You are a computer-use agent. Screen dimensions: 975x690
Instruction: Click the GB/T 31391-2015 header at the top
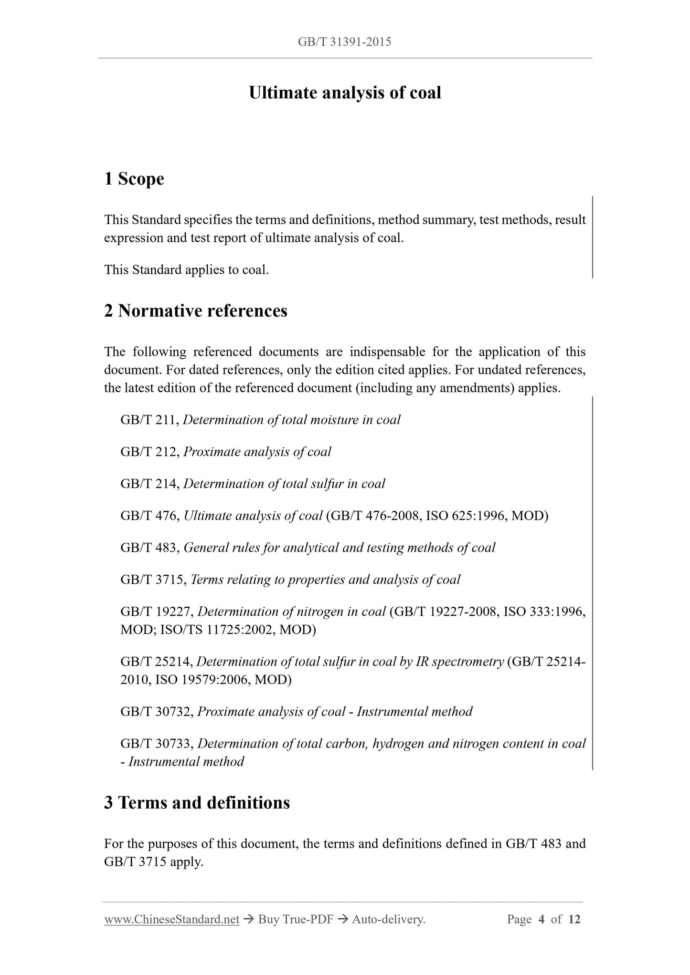point(344,42)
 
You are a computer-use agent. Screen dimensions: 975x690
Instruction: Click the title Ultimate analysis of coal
point(345,93)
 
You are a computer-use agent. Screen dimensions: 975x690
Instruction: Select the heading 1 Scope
point(134,179)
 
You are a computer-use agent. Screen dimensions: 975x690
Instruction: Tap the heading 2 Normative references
point(196,311)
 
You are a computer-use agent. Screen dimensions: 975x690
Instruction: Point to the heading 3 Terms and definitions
point(197,802)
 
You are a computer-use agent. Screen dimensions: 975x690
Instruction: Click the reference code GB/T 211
point(149,420)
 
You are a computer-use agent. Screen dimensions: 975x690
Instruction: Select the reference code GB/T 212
point(149,452)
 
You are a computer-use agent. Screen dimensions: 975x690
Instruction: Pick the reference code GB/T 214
point(149,484)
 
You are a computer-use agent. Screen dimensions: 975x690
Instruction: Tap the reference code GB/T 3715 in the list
point(153,580)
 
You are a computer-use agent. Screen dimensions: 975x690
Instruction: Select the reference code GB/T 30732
point(156,712)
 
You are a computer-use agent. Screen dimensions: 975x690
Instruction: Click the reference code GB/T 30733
point(156,744)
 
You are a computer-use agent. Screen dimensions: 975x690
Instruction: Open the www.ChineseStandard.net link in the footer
point(171,919)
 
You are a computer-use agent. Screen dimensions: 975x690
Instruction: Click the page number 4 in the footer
point(541,919)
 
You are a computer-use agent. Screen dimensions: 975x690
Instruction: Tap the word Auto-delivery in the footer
point(388,919)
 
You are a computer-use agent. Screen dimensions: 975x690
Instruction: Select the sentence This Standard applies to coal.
point(187,270)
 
